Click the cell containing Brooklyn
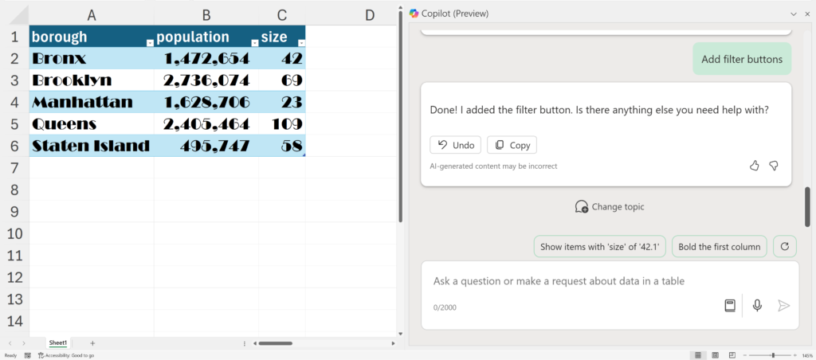92,80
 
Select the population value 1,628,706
206,102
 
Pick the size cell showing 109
282,123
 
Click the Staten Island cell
92,146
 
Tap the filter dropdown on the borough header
150,43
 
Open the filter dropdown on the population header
254,43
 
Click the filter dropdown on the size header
301,43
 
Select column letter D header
370,16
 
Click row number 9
14,212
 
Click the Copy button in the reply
512,145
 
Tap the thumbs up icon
754,166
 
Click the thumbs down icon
774,166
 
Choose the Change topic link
610,206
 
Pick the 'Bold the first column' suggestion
720,247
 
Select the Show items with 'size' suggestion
600,247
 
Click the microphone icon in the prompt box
757,305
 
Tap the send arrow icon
783,305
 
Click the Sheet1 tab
57,343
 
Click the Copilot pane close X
807,14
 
